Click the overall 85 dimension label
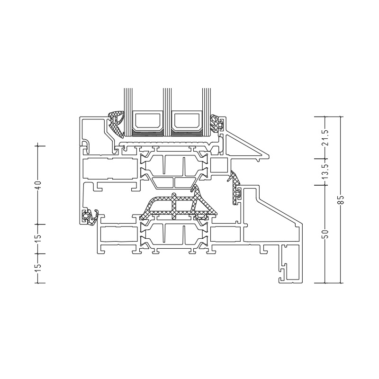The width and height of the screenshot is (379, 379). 341,199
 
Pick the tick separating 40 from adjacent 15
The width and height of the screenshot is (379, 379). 38,224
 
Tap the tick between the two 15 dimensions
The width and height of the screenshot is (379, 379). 38,253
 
